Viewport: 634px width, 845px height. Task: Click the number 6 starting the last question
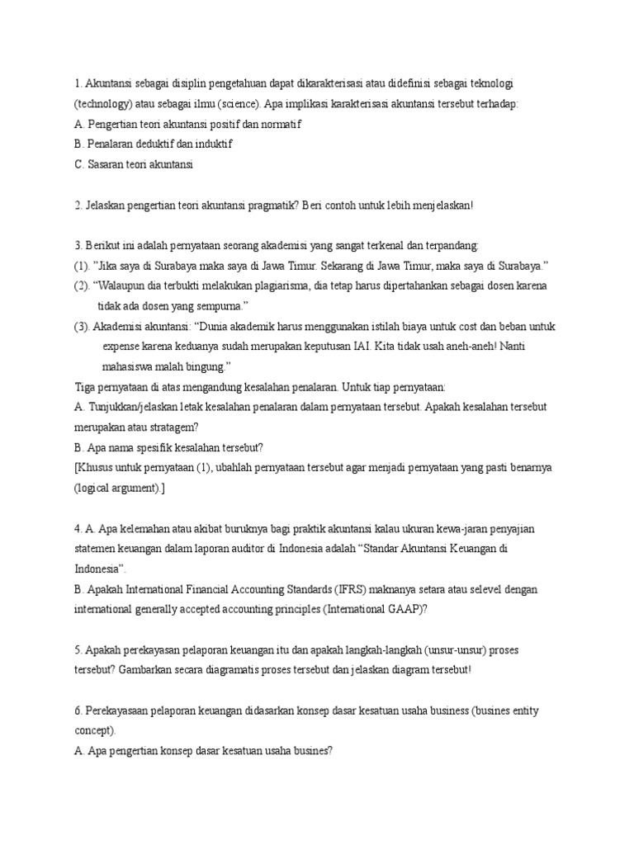click(x=77, y=710)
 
